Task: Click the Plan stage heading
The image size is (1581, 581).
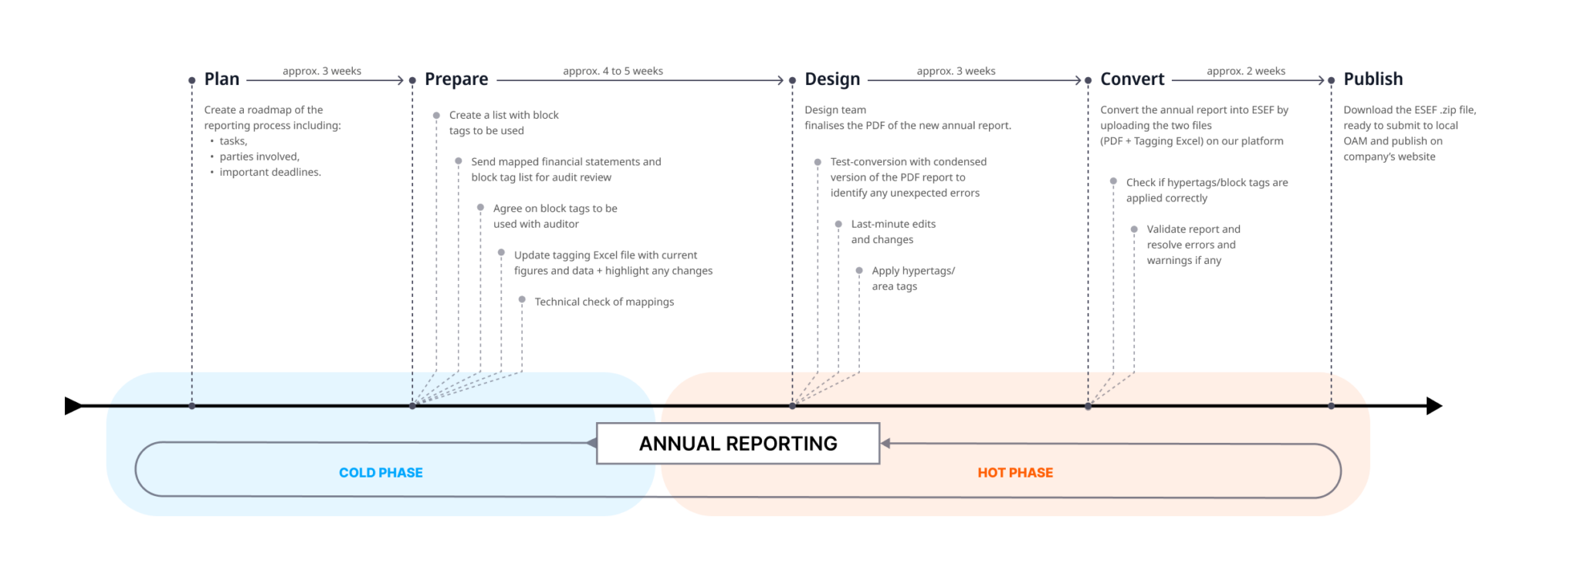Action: [x=222, y=79]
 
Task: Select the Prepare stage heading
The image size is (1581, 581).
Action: [x=456, y=79]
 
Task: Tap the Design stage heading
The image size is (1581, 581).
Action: [x=832, y=79]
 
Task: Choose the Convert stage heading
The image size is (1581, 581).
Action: [x=1132, y=79]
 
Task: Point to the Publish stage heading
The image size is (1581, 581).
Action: [x=1373, y=79]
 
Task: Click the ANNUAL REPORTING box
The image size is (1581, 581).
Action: [x=738, y=444]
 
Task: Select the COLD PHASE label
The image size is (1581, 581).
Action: [x=381, y=473]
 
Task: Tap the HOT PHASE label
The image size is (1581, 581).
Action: [x=1015, y=473]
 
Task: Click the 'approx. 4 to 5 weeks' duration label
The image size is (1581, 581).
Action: [x=613, y=71]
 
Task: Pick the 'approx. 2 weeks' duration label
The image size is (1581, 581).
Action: [x=1246, y=71]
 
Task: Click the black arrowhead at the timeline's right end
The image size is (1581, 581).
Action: [x=1434, y=406]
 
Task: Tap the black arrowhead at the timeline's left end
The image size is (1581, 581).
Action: [x=73, y=406]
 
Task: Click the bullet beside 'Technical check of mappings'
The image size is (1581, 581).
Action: [x=522, y=299]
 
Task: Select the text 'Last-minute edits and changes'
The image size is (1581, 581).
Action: [x=893, y=231]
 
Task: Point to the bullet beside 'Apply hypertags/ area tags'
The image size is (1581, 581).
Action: [x=859, y=271]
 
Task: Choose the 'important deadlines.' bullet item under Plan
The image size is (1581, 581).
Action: [x=269, y=172]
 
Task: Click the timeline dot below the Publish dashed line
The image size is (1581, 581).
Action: [x=1331, y=406]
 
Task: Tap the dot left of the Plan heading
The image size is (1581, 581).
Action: [x=191, y=80]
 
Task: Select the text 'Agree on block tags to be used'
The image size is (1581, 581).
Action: [x=554, y=216]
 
